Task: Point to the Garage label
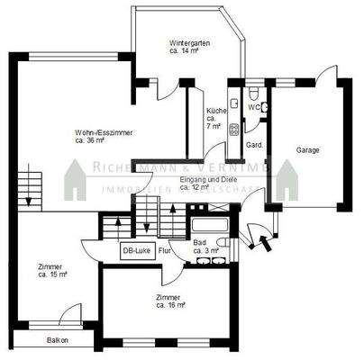[307, 151]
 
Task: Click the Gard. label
[255, 144]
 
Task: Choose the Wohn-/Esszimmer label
[105, 137]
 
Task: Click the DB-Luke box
[138, 251]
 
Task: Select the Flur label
[165, 252]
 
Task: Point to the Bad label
[204, 246]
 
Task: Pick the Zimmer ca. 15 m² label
[50, 270]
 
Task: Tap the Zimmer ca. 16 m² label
[169, 301]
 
